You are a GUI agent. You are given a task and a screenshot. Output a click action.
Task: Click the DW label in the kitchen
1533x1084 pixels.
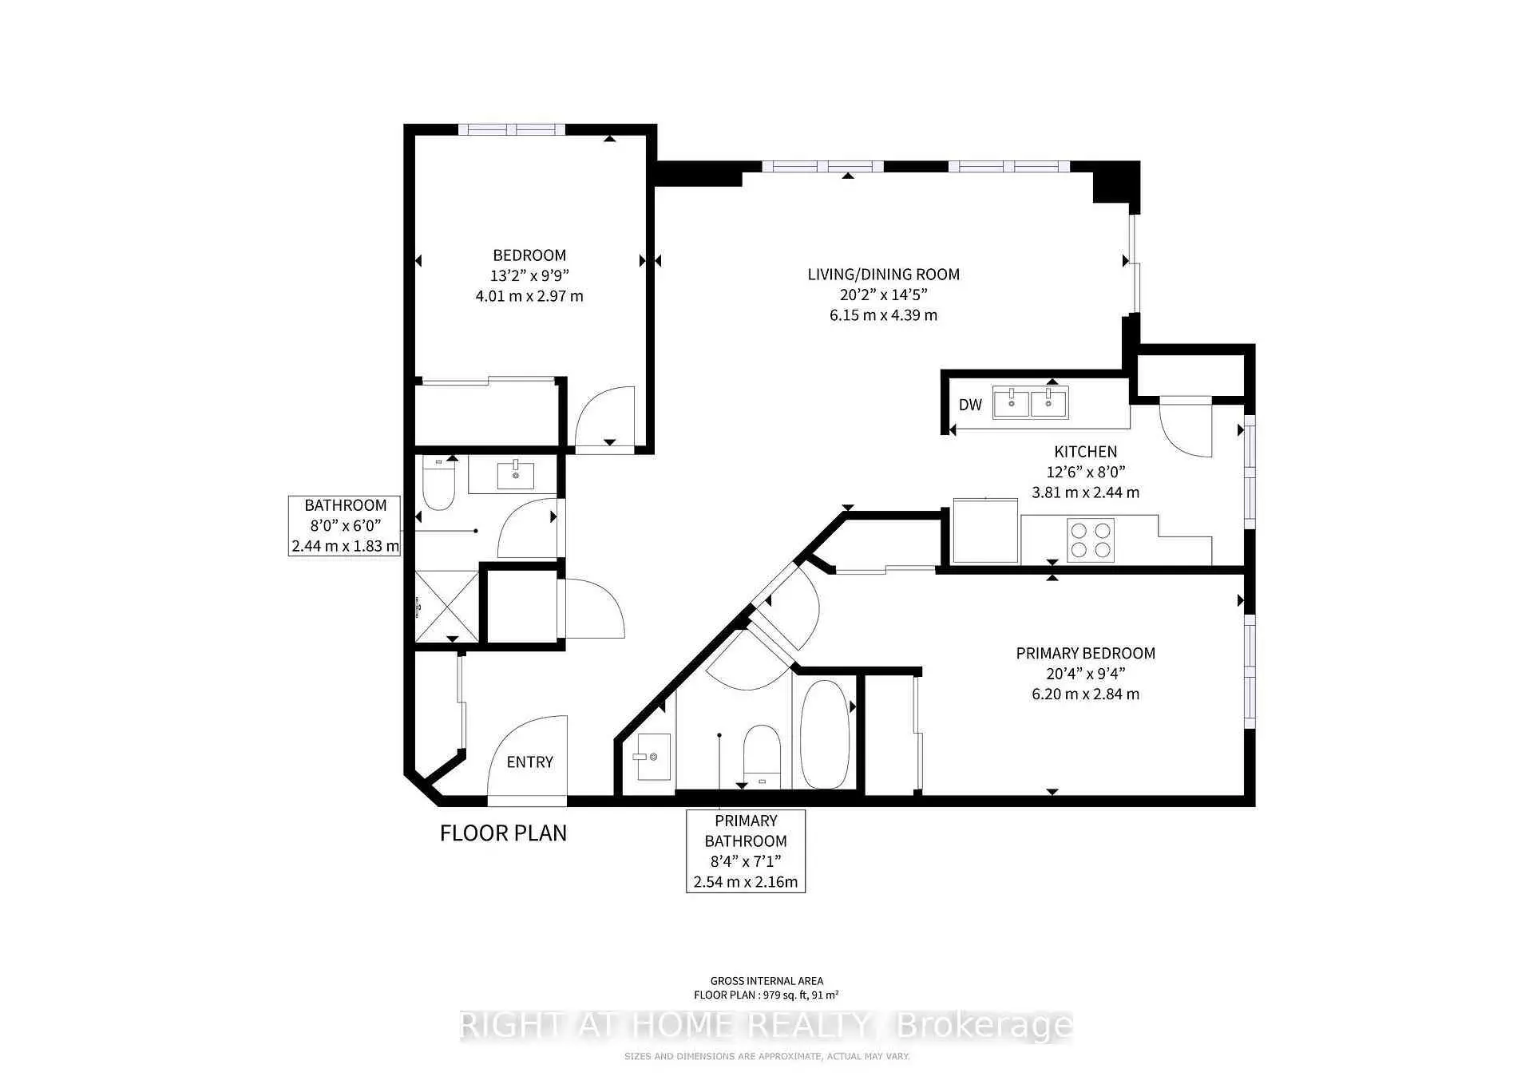click(x=970, y=405)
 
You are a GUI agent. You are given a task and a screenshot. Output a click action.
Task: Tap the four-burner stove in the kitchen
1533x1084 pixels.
click(x=1091, y=540)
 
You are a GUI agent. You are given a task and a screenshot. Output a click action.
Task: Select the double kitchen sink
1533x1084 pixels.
click(x=1030, y=402)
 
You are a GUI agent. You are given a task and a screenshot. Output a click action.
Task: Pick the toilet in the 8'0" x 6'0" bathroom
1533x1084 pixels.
click(x=438, y=483)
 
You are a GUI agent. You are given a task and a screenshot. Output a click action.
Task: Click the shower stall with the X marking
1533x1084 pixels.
click(x=447, y=607)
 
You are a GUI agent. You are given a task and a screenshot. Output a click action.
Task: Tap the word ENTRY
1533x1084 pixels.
click(x=530, y=762)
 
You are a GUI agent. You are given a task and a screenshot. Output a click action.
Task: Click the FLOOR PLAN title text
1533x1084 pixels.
click(x=503, y=833)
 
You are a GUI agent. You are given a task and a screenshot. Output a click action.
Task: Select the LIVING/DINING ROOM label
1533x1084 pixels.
click(x=884, y=275)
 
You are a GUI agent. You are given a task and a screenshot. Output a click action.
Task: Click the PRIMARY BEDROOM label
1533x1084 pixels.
click(x=1086, y=653)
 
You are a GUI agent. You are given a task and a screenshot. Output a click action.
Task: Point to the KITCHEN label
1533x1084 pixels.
click(x=1086, y=452)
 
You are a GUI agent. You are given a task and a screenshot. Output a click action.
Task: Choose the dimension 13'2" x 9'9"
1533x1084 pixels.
click(x=529, y=275)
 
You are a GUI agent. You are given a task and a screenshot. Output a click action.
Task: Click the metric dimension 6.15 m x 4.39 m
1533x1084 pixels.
click(x=884, y=315)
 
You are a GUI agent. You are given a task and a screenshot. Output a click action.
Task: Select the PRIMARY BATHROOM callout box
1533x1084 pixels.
click(x=746, y=851)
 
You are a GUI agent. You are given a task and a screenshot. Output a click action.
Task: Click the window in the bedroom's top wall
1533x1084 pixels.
click(x=512, y=129)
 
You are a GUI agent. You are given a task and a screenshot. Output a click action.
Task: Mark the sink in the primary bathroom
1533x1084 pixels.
click(x=652, y=756)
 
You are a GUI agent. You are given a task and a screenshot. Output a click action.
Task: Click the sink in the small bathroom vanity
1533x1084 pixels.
click(x=516, y=474)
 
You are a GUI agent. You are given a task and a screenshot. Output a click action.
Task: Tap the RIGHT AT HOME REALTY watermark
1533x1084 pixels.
click(x=766, y=1026)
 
